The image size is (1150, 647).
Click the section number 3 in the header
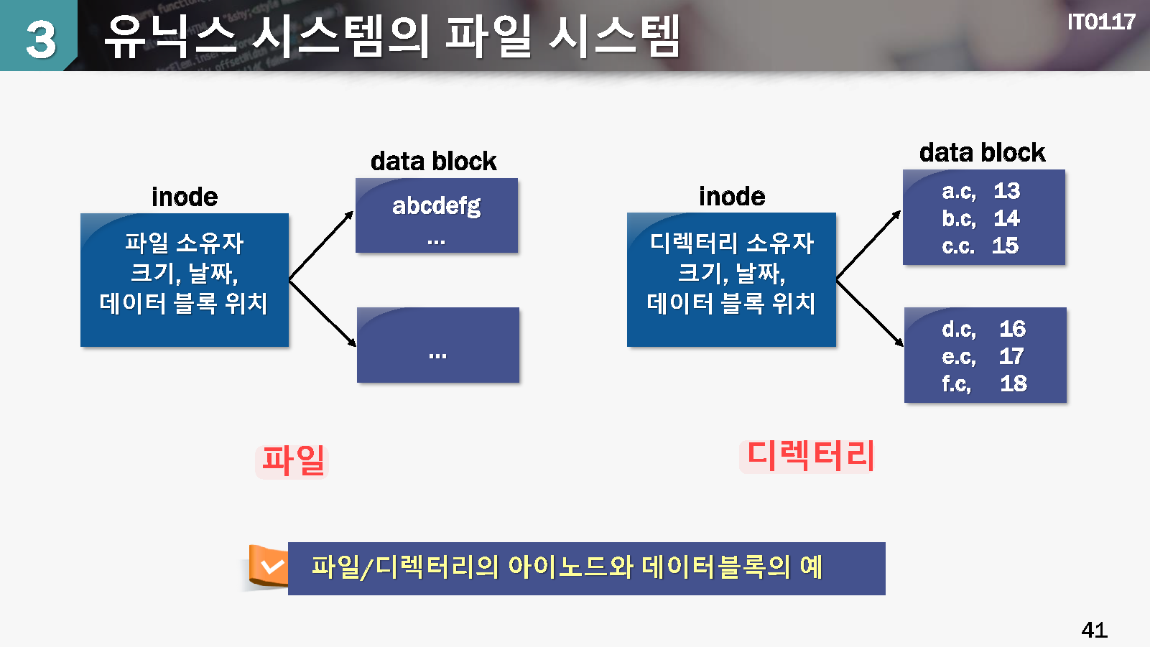click(40, 39)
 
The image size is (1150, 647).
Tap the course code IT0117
click(1101, 22)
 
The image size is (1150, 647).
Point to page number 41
click(1094, 630)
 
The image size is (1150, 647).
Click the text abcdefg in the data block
click(437, 206)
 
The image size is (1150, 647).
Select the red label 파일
click(292, 460)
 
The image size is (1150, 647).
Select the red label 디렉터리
click(810, 455)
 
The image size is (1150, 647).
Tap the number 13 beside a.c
click(1007, 191)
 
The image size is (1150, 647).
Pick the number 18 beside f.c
click(1014, 383)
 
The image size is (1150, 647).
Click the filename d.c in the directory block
click(958, 329)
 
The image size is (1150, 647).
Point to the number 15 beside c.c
click(1005, 246)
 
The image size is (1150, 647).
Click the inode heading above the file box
click(185, 197)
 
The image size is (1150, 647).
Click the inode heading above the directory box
click(732, 197)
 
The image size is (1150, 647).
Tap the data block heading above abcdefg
click(434, 161)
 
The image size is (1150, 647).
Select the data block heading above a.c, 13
click(982, 152)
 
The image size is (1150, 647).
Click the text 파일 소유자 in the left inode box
click(185, 243)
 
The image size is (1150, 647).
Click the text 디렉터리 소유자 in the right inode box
click(731, 243)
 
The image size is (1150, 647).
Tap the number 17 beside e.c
click(1011, 356)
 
